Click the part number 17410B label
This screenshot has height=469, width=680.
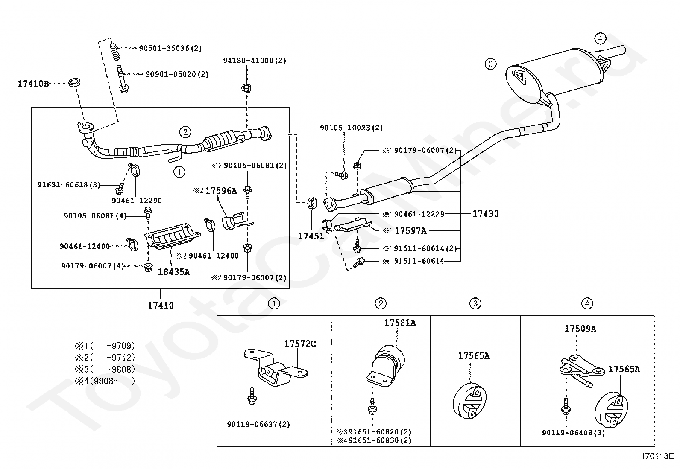33,84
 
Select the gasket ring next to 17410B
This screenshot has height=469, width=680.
75,82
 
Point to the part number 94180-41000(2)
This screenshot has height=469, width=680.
255,61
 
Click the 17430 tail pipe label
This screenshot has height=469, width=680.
485,213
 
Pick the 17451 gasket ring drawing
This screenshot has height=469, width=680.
312,203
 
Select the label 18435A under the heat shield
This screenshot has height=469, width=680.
174,272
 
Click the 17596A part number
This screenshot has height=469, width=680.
220,191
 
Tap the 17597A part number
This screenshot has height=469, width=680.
410,231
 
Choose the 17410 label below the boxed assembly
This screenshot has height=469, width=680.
161,305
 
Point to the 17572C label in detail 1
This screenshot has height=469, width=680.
300,344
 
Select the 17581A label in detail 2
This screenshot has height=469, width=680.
400,323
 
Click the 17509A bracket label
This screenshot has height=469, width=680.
580,329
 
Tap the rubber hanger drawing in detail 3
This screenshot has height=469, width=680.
470,401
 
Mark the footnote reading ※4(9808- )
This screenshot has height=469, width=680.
105,381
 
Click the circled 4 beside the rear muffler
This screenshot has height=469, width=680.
600,38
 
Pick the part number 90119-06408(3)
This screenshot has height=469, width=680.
573,433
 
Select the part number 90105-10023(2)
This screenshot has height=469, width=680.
351,128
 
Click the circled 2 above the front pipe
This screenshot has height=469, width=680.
185,132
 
